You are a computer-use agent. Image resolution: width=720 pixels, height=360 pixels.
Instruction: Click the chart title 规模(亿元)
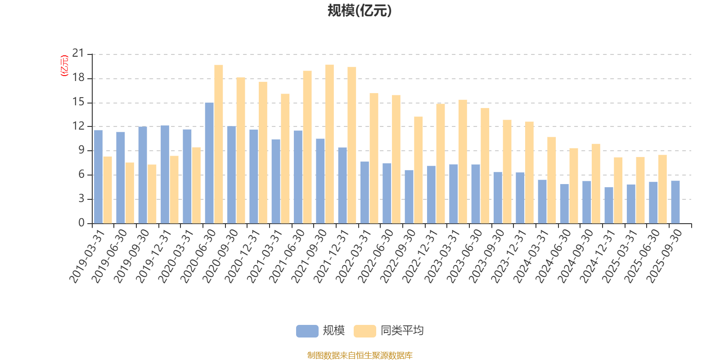coord(359,11)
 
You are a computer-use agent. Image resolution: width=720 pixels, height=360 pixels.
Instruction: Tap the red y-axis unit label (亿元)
coord(64,66)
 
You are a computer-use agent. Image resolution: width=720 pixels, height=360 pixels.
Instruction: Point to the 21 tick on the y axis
coord(78,54)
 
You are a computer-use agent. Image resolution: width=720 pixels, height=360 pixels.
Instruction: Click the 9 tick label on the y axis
coord(81,150)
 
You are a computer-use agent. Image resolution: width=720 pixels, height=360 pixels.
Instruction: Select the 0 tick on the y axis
coord(81,223)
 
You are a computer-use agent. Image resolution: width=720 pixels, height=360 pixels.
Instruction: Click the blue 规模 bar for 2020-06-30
coord(209,163)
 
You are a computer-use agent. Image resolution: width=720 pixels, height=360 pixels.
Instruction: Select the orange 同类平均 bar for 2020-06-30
coord(219,144)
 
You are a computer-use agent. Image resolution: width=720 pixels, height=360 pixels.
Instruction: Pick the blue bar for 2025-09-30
coord(675,202)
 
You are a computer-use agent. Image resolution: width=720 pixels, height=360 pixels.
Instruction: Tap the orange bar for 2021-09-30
coord(329,144)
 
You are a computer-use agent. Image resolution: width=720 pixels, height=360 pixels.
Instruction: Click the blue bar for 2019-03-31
coord(98,177)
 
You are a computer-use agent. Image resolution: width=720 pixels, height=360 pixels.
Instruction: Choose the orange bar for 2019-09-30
coord(152,194)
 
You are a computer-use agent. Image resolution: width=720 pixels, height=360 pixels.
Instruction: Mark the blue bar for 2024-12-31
coord(608,205)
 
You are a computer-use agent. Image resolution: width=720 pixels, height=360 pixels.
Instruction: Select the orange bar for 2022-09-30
coord(418,170)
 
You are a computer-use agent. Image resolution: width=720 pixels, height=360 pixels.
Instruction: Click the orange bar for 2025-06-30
coord(662,189)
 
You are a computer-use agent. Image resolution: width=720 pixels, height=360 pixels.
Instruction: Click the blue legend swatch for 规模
coord(307,331)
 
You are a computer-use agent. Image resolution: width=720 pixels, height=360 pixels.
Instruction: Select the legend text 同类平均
coord(402,331)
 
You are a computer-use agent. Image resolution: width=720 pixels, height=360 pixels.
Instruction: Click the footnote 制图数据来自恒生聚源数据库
coord(360,355)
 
